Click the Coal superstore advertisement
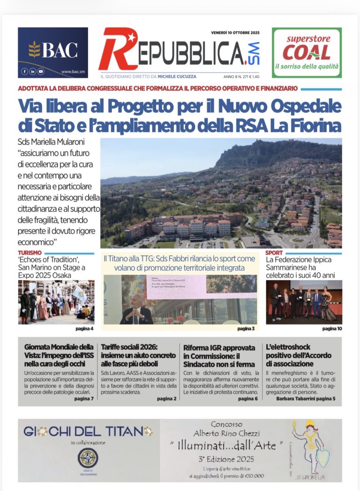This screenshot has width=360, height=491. pyautogui.click(x=307, y=52)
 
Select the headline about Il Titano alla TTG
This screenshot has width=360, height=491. pyautogui.click(x=180, y=263)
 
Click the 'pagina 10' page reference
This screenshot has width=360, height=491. pyautogui.click(x=332, y=329)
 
